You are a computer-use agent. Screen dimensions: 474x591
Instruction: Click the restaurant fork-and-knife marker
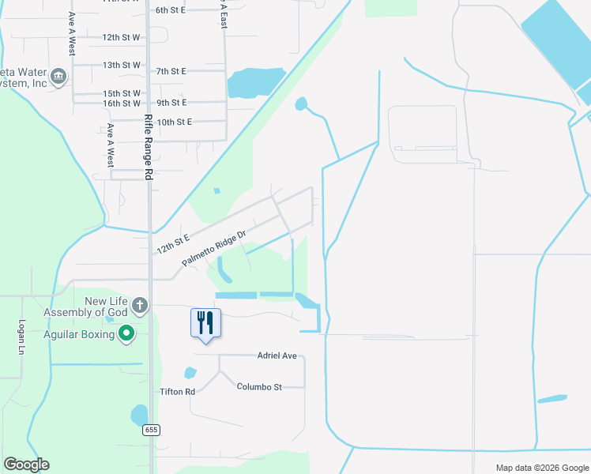point(205,324)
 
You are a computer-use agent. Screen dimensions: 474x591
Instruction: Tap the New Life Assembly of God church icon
point(140,305)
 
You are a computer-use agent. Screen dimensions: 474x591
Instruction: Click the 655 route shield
point(152,430)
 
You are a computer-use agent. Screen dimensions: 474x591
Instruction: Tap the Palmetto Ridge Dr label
point(214,247)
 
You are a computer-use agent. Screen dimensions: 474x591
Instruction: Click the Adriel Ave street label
point(277,355)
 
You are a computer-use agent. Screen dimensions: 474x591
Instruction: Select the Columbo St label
point(259,386)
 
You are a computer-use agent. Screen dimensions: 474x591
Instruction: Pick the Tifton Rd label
point(177,392)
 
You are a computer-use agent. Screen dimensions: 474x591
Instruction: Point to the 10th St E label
point(174,122)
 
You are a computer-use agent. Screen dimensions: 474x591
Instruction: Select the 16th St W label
point(121,103)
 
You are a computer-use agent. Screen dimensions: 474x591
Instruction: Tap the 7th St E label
point(171,71)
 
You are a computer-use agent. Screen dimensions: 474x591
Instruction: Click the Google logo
point(26,465)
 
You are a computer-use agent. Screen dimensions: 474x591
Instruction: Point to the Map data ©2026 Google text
point(541,468)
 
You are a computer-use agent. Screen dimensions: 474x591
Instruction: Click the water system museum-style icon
point(58,77)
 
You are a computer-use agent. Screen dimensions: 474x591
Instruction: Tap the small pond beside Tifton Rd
point(190,373)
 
